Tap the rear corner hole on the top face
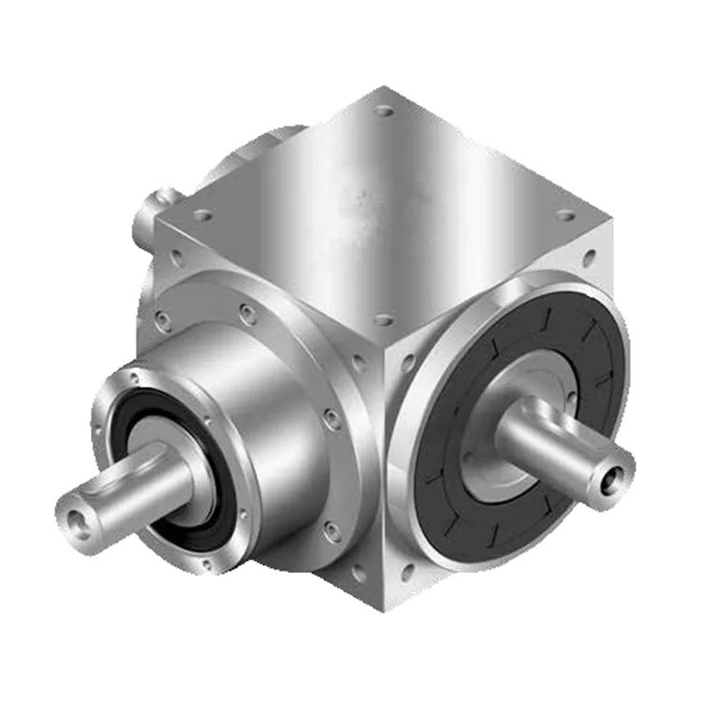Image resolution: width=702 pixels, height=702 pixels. (384, 110)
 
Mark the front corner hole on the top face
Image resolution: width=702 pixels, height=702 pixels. (383, 319)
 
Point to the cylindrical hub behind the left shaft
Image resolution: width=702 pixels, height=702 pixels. (253, 393)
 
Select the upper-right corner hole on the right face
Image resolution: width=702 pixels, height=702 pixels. (589, 256)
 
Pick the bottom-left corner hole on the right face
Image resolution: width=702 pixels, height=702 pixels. (407, 569)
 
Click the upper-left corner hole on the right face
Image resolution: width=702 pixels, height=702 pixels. (409, 360)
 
